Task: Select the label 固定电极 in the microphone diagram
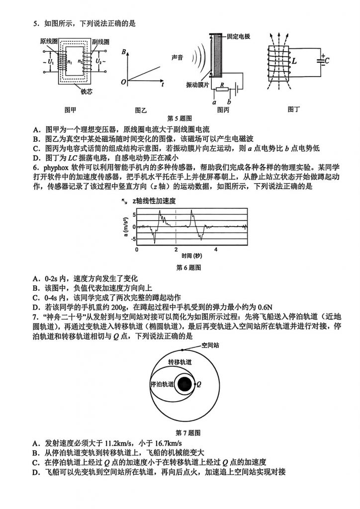click(x=238, y=37)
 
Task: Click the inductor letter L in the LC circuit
click(x=294, y=62)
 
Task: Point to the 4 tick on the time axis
click(x=215, y=249)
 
